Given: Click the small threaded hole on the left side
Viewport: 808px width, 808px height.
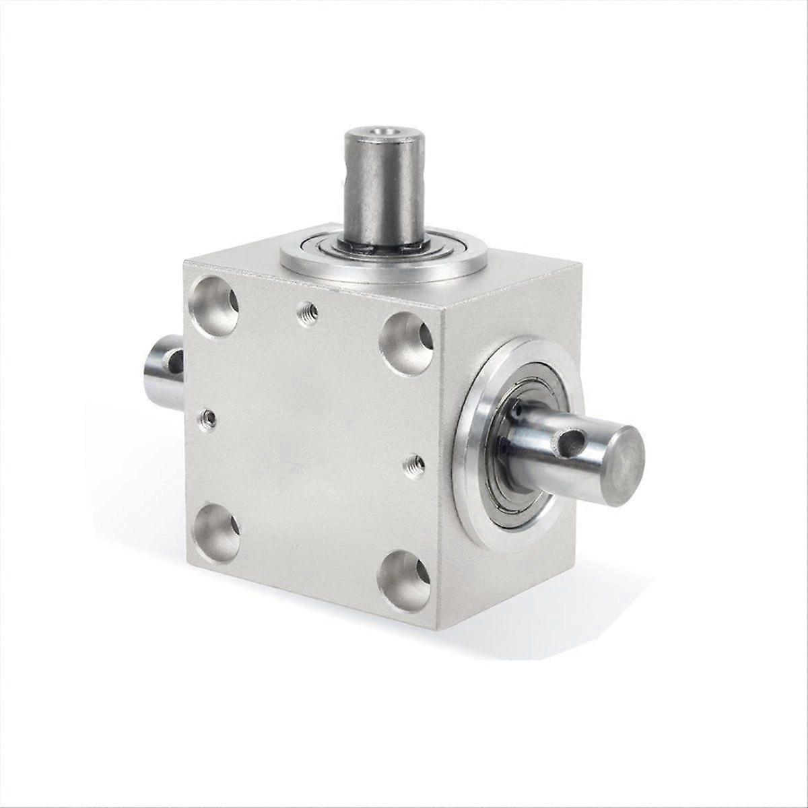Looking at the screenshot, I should click(x=209, y=419).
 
